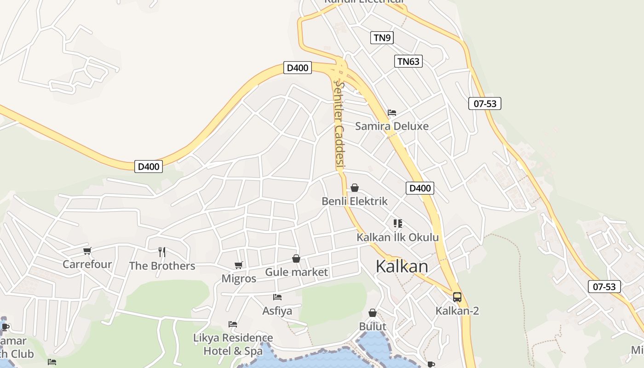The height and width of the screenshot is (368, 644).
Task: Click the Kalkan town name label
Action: point(402,266)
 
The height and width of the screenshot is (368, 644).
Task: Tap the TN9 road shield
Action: point(382,38)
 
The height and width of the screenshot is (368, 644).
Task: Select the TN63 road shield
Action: point(408,61)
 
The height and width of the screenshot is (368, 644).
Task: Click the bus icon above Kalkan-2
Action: point(457,297)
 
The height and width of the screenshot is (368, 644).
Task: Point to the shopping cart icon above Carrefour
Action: point(87,251)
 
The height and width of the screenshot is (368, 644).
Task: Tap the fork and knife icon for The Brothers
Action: point(161,252)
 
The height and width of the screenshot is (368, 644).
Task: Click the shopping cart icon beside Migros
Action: point(238,265)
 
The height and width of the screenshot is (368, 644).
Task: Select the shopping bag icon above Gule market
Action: point(296,259)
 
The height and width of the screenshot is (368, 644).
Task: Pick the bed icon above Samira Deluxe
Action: point(392,112)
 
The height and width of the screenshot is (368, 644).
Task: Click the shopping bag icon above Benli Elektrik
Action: point(355,188)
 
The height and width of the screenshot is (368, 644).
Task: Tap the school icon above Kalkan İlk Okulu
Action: point(398,224)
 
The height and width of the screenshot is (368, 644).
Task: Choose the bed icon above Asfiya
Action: point(277,297)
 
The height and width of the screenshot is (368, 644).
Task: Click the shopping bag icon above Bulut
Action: point(373,313)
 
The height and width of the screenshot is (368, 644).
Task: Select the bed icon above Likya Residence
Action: point(233,324)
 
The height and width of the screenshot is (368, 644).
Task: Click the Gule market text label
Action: point(296,272)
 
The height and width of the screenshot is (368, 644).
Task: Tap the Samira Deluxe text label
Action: point(391,126)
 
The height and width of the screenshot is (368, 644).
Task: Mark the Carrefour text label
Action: point(87,264)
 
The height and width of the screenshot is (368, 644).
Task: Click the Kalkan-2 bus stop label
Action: point(457,311)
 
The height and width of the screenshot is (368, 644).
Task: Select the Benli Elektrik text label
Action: point(355,201)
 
